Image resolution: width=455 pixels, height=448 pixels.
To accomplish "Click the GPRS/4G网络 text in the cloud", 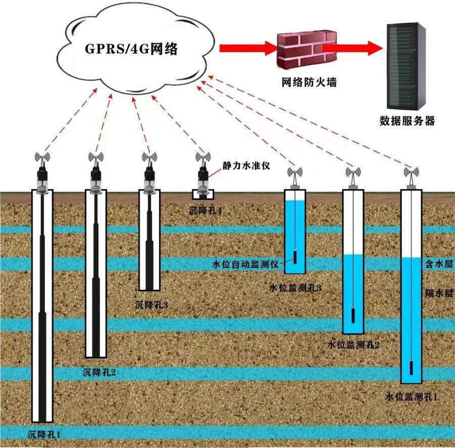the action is point(131,49).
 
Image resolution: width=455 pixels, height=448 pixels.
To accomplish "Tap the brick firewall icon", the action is point(307,50).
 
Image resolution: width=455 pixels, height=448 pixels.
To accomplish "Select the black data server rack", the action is point(405,66).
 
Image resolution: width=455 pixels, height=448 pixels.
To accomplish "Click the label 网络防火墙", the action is point(309,82).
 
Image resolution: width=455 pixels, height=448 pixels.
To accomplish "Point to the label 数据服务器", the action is point(407,121).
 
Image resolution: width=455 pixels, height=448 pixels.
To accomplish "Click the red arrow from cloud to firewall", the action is point(248,48).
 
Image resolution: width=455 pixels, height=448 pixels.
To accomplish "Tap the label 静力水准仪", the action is point(246,165).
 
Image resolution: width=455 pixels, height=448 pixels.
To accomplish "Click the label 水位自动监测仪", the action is point(245,264).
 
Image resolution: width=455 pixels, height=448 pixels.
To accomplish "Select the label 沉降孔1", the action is point(44,434).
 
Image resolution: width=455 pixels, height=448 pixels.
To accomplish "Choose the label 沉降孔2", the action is point(99,372).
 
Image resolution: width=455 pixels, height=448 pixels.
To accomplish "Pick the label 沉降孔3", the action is point(152,305).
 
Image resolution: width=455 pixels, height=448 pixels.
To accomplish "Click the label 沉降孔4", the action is point(205,210).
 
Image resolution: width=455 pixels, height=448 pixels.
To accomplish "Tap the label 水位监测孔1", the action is point(411,396).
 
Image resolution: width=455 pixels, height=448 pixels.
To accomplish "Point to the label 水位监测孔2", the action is point(353,345).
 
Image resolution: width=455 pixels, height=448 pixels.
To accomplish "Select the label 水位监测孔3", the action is point(295,288).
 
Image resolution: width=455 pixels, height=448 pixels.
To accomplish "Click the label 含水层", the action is point(439,264).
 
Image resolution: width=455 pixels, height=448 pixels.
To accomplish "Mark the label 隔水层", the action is point(439,293).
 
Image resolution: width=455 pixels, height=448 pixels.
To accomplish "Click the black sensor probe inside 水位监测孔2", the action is point(353,316).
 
